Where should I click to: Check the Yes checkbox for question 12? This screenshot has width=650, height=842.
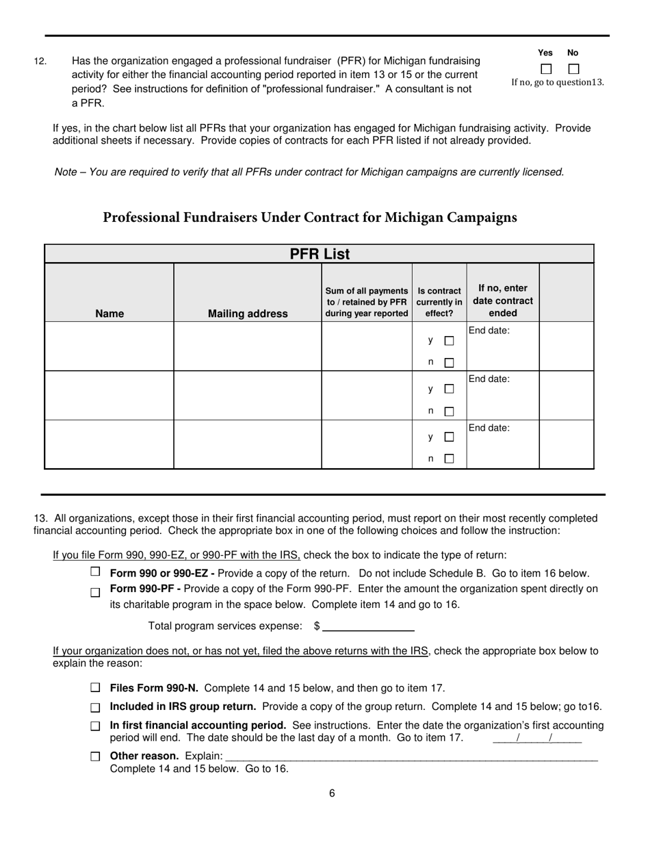pos(545,69)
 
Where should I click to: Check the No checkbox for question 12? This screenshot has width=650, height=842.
pos(573,69)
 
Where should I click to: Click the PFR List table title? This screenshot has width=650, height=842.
pos(319,255)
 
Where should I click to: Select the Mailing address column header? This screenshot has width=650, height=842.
pos(248,314)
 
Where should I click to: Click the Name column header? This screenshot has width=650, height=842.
pos(109,314)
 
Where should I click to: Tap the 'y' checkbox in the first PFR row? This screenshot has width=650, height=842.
pos(449,340)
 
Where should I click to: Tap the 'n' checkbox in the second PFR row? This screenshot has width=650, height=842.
pos(449,411)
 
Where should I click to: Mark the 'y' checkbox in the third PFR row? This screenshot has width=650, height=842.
pos(449,437)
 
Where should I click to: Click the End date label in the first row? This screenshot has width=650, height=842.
pos(489,331)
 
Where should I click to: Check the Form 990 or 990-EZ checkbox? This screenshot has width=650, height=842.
pos(95,572)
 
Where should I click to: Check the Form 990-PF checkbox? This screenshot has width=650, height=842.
pos(95,592)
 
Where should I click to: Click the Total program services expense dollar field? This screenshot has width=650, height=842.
pos(368,626)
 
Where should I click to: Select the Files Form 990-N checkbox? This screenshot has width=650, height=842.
pos(95,687)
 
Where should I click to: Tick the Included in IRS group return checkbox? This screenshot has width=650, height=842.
pos(95,707)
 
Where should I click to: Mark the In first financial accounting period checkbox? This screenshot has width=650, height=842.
pos(95,726)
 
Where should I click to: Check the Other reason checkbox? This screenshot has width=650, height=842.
pos(95,756)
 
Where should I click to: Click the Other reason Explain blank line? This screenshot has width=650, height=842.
pos(411,756)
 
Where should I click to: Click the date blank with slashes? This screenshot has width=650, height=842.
pos(536,738)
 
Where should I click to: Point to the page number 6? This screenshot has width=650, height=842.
pos(332,793)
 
